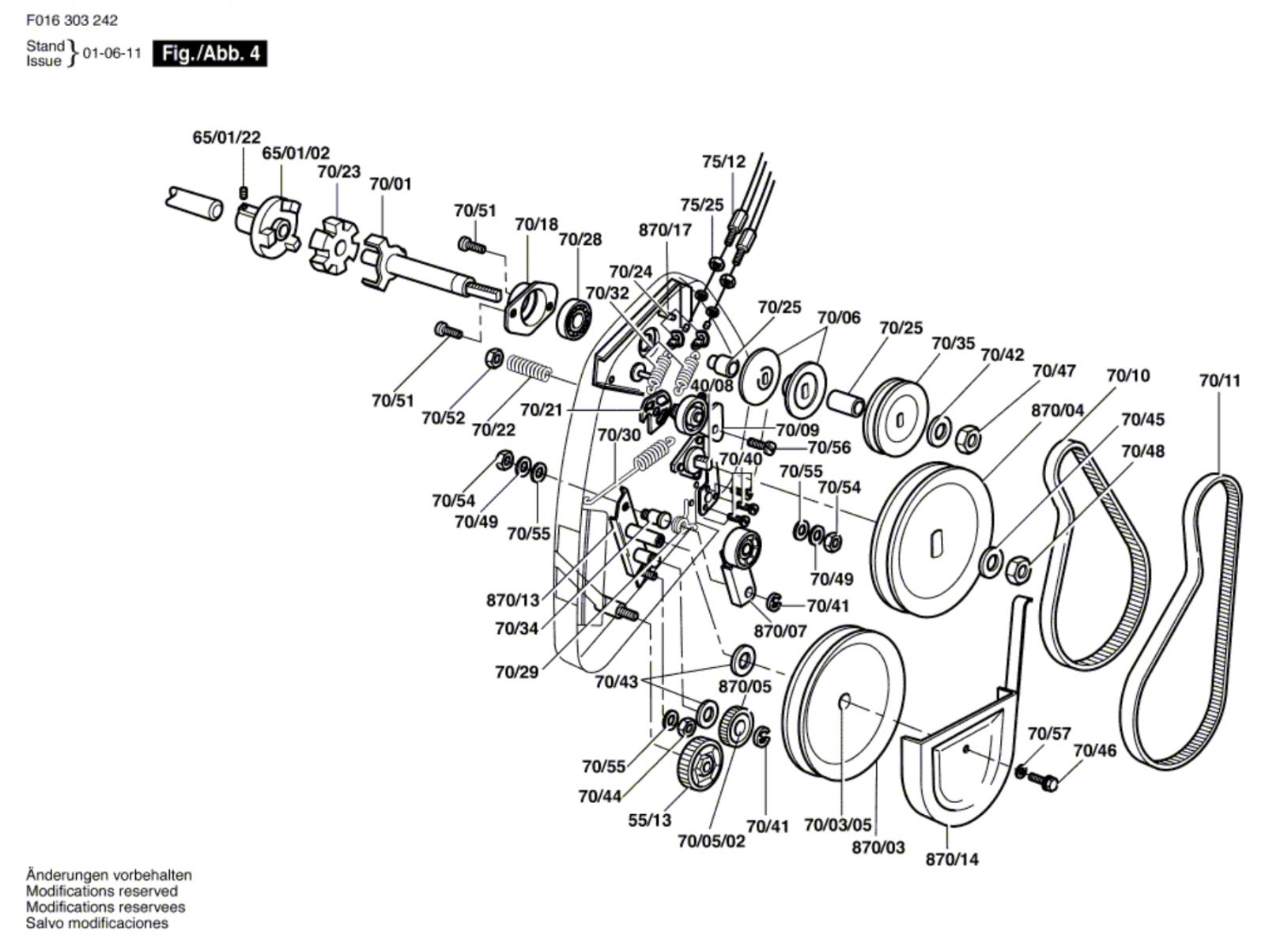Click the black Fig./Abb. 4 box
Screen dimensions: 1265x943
pos(210,54)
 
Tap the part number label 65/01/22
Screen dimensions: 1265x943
pos(226,138)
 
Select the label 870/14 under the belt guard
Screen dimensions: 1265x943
pos(952,859)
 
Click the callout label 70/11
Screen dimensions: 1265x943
pos(1219,381)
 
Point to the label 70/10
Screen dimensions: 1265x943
pos(1128,375)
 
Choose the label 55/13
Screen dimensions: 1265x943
pos(650,820)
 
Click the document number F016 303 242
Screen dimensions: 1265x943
pos(72,21)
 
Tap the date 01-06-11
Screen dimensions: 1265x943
pos(111,54)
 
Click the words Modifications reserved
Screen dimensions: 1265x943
pos(102,891)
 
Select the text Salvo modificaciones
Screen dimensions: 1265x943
pos(96,923)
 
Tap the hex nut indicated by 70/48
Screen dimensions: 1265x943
pos(1018,570)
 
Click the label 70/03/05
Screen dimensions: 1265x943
pos(837,825)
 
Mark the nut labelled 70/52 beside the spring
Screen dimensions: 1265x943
pos(494,359)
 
